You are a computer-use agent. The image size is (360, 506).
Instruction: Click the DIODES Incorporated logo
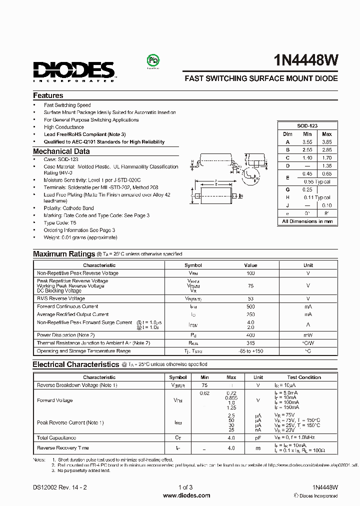pyautogui.click(x=74, y=70)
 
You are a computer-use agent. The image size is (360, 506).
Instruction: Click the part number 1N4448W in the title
pyautogui.click(x=306, y=61)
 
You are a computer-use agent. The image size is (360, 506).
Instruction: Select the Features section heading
pyautogui.click(x=48, y=95)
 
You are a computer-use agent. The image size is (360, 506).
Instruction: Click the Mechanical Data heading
pyautogui.click(x=61, y=151)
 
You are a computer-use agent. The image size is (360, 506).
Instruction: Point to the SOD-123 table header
pyautogui.click(x=307, y=126)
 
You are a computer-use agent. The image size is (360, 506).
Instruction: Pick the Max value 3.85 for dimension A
pyautogui.click(x=326, y=142)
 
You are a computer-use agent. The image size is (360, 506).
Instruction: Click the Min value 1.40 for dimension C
pyautogui.click(x=307, y=157)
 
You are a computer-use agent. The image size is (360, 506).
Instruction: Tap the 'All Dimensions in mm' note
pyautogui.click(x=307, y=221)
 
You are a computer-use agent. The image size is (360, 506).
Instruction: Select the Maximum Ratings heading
pyautogui.click(x=64, y=254)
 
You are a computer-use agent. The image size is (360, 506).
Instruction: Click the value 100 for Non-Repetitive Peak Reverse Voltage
pyautogui.click(x=250, y=273)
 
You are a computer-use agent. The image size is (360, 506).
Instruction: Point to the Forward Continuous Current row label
pyautogui.click(x=67, y=306)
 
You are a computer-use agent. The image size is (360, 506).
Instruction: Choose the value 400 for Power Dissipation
pyautogui.click(x=250, y=335)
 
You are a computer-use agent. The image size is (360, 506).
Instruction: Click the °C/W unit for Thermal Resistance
pyautogui.click(x=308, y=343)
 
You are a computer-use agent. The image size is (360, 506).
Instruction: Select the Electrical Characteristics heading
pyautogui.click(x=76, y=364)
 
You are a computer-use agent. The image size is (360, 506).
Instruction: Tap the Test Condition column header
pyautogui.click(x=304, y=377)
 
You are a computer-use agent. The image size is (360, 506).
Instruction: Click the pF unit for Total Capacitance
pyautogui.click(x=258, y=437)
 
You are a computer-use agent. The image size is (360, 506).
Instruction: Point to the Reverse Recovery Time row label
pyautogui.click(x=63, y=448)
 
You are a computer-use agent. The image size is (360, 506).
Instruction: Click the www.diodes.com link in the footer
pyautogui.click(x=186, y=495)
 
